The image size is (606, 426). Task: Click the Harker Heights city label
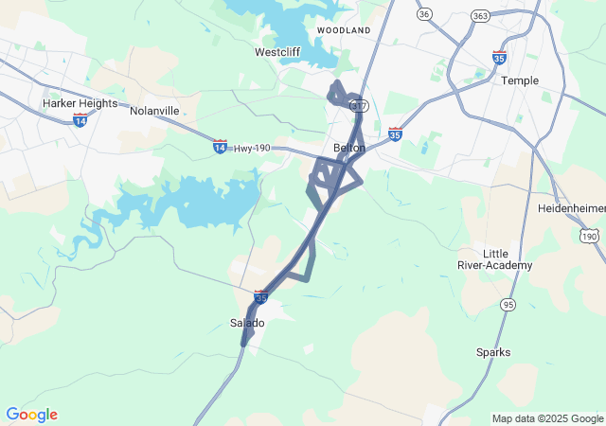(79, 102)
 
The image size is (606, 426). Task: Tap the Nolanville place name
(154, 111)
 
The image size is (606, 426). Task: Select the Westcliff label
(278, 52)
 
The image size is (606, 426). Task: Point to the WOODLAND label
(344, 30)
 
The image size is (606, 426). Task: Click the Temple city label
(520, 80)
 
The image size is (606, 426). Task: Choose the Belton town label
(349, 148)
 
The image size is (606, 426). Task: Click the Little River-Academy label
(508, 259)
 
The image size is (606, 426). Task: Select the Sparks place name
(493, 352)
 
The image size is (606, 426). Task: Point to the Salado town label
(248, 323)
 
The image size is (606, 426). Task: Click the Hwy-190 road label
(253, 148)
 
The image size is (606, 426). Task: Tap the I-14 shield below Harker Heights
(80, 120)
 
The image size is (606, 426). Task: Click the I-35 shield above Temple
(500, 58)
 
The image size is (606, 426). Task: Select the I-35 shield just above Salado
(260, 297)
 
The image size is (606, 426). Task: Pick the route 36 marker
(424, 13)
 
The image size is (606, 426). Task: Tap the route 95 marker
(509, 304)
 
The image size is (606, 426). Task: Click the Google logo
(31, 415)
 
